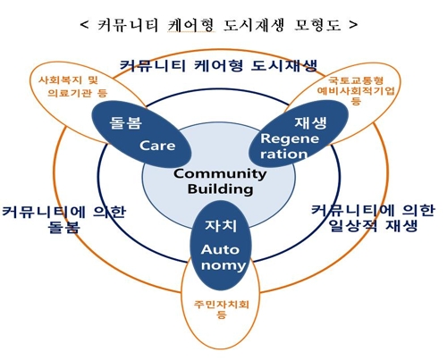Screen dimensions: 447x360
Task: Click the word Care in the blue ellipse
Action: pos(157,146)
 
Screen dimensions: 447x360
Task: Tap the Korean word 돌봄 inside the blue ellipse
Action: pos(125,122)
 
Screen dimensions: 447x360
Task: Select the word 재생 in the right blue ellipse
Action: pos(311,122)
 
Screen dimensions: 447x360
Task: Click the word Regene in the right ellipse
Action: pos(290,138)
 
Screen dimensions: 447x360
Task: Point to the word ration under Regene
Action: pos(283,155)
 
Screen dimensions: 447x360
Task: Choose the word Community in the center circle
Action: pos(220,173)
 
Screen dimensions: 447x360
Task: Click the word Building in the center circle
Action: pos(220,189)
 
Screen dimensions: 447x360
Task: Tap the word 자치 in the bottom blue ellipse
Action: pos(221,226)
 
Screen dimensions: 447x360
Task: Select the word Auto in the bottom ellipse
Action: pos(220,249)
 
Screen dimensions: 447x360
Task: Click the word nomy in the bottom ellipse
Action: pos(223,265)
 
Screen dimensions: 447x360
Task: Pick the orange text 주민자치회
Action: pos(221,305)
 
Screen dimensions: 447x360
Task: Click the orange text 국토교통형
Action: pos(356,80)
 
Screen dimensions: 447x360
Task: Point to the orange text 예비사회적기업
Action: pos(356,90)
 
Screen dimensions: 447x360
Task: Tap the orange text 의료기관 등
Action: pos(77,93)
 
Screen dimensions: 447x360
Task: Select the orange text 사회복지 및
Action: pos(68,80)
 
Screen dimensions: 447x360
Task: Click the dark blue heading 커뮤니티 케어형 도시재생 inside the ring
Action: pos(219,65)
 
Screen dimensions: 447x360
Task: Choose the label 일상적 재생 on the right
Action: pos(373,226)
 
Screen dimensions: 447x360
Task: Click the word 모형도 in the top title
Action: pos(317,25)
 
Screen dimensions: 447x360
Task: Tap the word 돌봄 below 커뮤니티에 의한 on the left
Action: pos(63,227)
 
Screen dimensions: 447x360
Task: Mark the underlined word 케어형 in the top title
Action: pos(190,25)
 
